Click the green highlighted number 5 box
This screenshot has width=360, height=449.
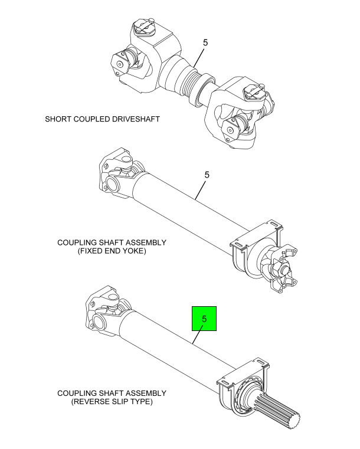[204, 319]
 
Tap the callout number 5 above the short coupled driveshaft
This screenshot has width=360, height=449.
[205, 42]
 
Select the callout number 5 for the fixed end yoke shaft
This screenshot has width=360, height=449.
[207, 175]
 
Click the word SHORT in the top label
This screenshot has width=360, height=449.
[59, 119]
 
